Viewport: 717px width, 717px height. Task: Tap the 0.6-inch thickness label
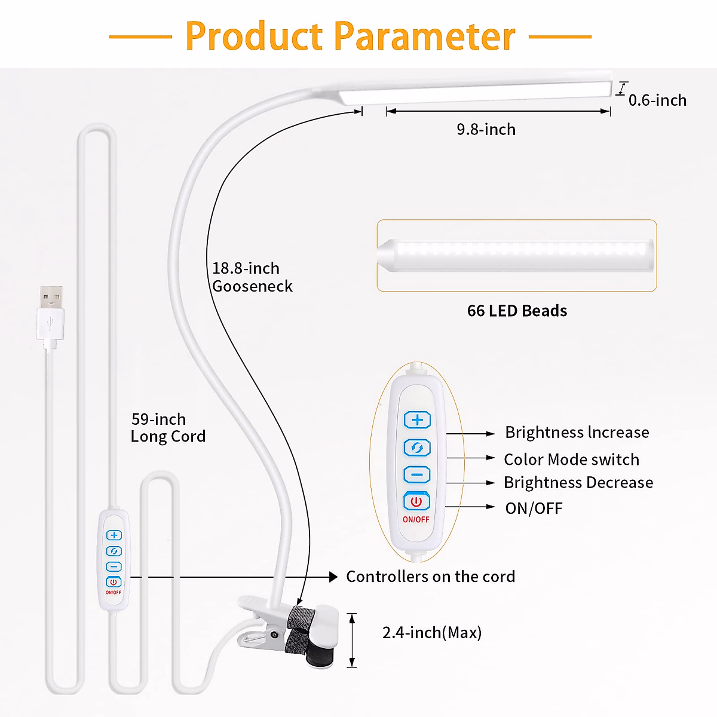coord(657,100)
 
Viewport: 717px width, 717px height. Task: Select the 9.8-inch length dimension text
coord(486,130)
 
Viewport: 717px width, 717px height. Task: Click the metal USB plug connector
coord(51,296)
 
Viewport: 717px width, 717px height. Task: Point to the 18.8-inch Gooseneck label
coord(252,277)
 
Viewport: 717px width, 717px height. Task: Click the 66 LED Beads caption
coord(517,311)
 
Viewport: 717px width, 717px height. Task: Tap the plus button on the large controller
coord(417,419)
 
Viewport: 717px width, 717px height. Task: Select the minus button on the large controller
coord(417,475)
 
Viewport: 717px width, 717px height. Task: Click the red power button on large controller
coord(416,501)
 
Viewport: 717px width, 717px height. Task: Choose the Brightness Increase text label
coord(577,433)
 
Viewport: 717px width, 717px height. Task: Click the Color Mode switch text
coord(571,459)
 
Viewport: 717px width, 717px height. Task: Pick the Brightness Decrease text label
coord(578,483)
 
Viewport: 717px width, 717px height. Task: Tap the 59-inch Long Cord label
coord(167,428)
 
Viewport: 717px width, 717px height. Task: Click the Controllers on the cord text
coord(430,577)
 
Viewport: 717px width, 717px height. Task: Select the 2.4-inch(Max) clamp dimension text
coord(431,633)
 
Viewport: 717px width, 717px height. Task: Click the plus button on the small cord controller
coord(114,535)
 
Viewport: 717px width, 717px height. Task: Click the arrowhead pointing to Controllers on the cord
coord(333,577)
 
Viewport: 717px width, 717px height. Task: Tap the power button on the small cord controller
coord(114,582)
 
